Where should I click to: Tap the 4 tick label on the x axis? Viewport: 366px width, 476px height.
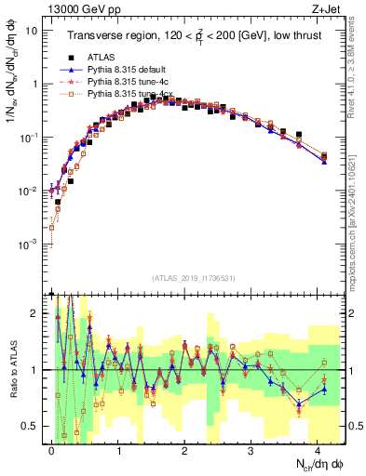point(318,449)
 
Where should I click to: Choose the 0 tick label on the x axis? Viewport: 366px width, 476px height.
point(51,449)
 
